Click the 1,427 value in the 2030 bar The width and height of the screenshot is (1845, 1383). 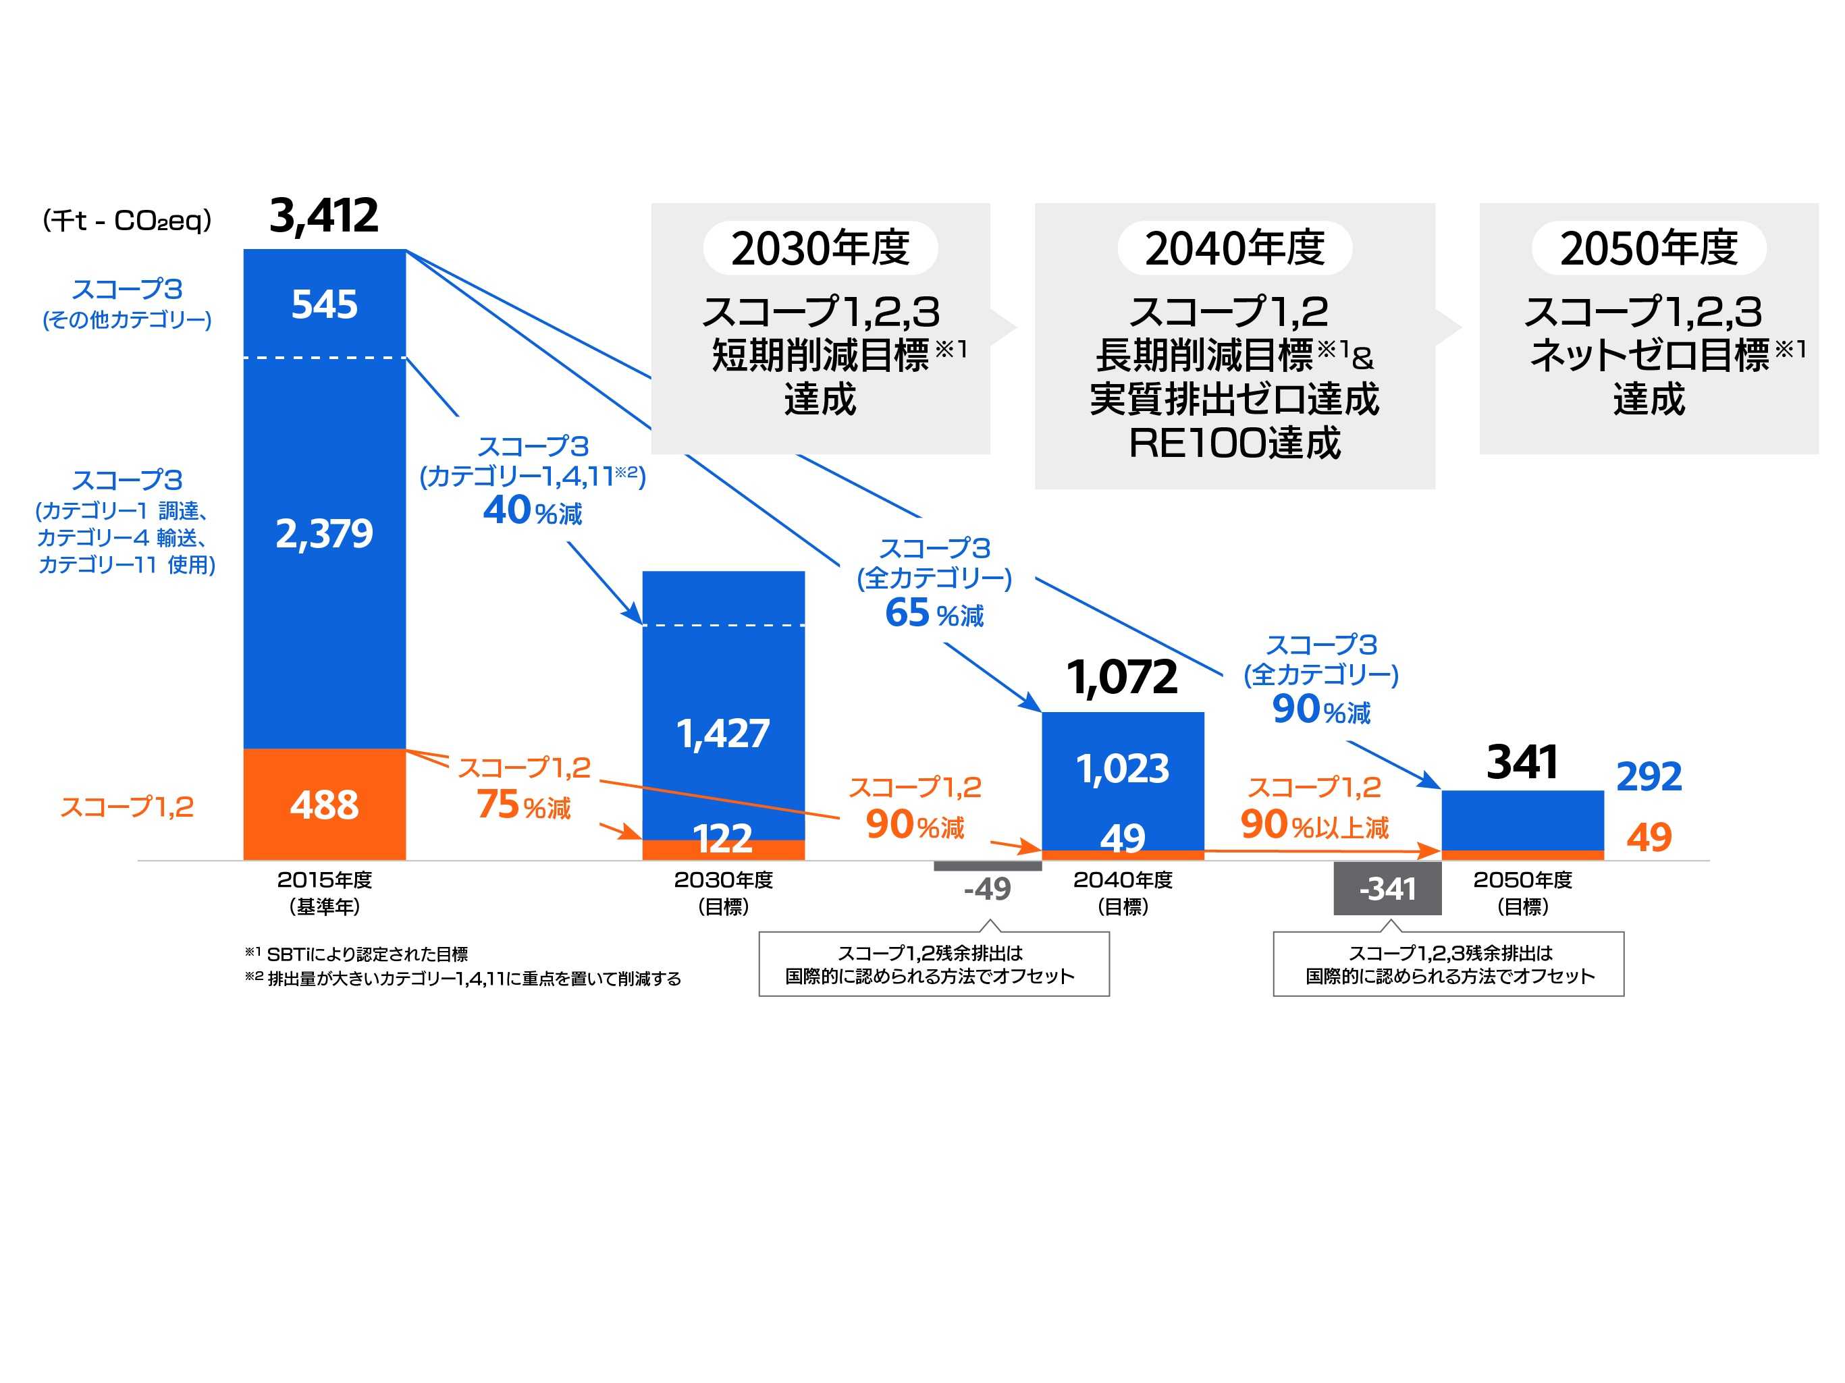click(x=722, y=734)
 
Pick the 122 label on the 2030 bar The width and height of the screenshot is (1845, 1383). click(x=722, y=838)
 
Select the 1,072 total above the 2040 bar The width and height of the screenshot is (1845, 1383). click(x=1122, y=676)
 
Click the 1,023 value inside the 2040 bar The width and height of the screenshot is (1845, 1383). click(x=1122, y=768)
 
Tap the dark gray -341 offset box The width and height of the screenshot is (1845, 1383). click(x=1387, y=888)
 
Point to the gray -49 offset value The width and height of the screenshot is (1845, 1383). click(x=987, y=888)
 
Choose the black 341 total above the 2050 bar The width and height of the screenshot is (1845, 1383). click(x=1522, y=761)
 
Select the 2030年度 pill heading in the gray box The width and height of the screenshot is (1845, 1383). click(x=820, y=248)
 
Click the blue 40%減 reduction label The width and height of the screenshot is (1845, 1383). click(x=532, y=510)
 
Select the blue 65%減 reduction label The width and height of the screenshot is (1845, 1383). click(x=934, y=613)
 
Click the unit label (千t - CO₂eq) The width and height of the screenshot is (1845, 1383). click(x=127, y=220)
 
